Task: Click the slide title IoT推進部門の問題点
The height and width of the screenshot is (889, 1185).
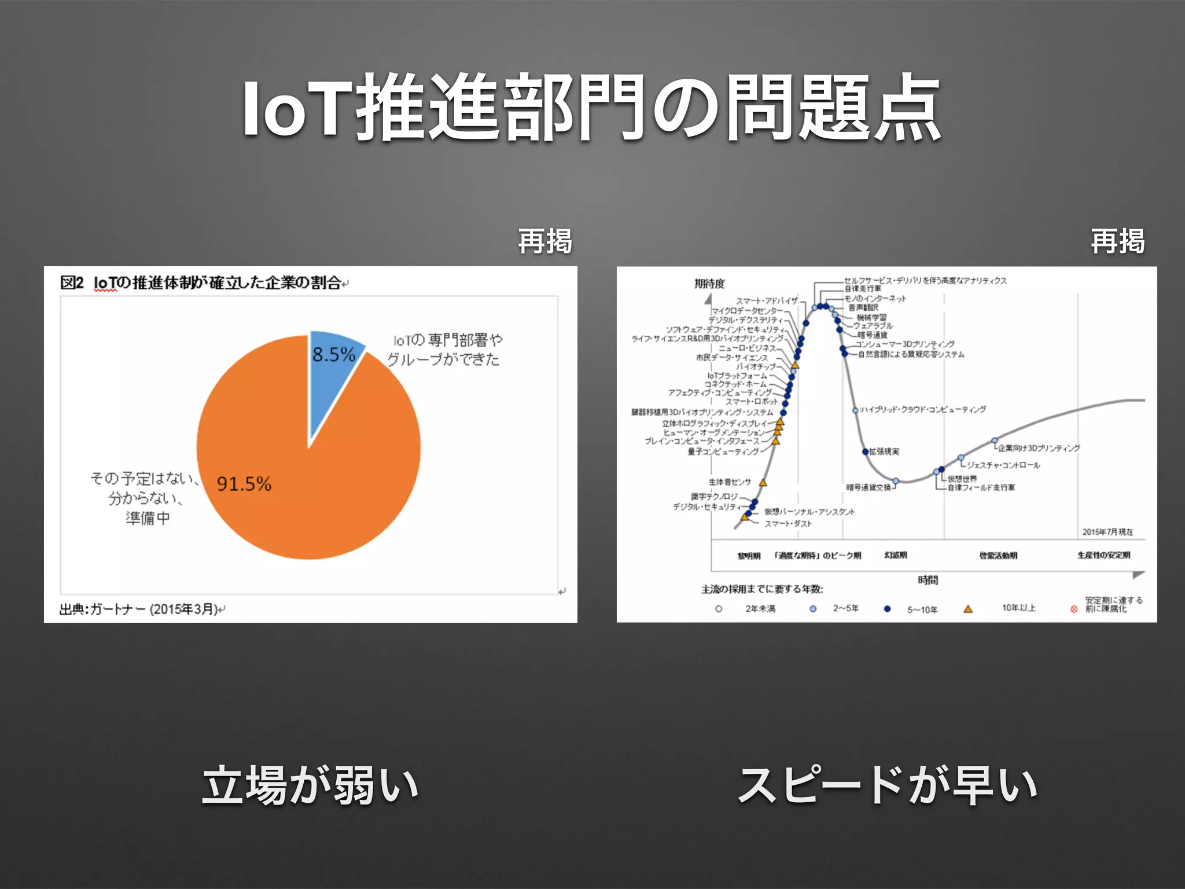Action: [x=591, y=108]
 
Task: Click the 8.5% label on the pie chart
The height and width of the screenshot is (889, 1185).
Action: [x=333, y=354]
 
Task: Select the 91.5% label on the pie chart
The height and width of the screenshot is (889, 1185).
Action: [x=244, y=484]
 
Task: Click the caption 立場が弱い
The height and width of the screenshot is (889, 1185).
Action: [x=310, y=785]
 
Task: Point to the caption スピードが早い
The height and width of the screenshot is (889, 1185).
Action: [x=888, y=785]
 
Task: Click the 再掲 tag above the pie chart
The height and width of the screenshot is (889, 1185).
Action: [x=544, y=241]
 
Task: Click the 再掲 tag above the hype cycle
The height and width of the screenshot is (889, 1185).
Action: [x=1117, y=241]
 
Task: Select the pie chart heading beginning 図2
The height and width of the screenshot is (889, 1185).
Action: [x=203, y=282]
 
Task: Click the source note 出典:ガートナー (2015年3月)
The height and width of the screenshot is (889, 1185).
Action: [x=139, y=609]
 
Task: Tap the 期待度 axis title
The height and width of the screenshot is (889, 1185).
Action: [x=709, y=284]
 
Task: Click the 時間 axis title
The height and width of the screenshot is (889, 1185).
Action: [x=928, y=580]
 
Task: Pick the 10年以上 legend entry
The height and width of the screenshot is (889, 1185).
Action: [x=1018, y=608]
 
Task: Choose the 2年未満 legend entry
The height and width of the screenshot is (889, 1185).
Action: [x=760, y=608]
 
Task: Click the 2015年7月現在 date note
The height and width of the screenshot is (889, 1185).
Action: [x=1107, y=532]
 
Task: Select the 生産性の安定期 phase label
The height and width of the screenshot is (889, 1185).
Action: [x=1103, y=555]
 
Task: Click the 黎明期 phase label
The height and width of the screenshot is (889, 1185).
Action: [x=749, y=556]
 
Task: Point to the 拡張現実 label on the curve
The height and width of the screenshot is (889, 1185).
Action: [x=884, y=451]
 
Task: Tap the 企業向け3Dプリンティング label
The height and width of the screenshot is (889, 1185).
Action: [x=1039, y=448]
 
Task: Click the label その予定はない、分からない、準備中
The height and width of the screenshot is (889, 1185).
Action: [x=146, y=498]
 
